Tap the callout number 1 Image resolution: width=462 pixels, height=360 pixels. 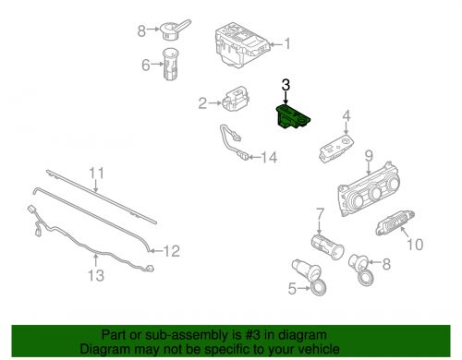286,42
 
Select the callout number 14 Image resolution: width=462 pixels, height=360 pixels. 269,157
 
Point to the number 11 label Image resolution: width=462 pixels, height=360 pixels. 97,172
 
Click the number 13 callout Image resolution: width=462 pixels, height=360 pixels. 97,276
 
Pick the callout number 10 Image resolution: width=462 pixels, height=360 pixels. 415,245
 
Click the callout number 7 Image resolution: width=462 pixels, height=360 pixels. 320,213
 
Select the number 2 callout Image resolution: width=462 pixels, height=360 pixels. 202,103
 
